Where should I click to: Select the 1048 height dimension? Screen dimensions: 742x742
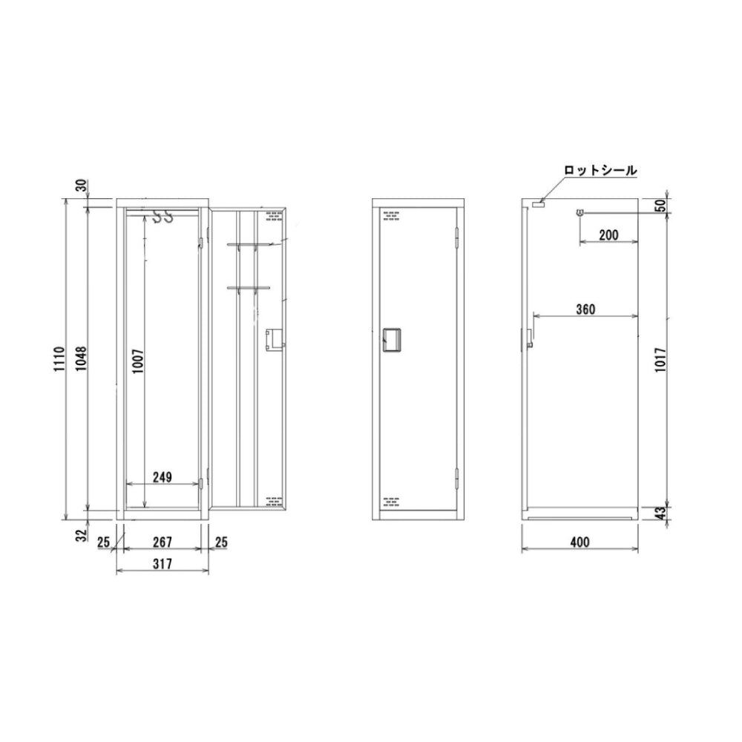coord(82,360)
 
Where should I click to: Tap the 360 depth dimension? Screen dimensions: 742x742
coord(585,309)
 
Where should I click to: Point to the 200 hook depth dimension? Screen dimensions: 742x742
coord(608,235)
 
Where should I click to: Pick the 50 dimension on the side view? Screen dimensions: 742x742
coord(660,205)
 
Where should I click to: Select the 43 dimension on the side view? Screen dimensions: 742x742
coord(661,512)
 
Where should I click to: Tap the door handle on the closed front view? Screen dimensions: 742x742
coord(389,339)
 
